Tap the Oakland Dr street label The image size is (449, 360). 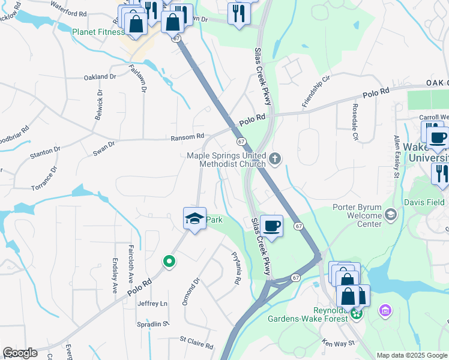pyautogui.click(x=100, y=77)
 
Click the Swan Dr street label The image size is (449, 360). pyautogui.click(x=103, y=149)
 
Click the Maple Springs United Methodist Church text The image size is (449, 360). pyautogui.click(x=226, y=159)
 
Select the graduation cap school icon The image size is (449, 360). pyautogui.click(x=194, y=219)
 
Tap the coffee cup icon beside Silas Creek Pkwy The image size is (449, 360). pyautogui.click(x=271, y=226)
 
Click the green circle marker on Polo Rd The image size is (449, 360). pyautogui.click(x=169, y=261)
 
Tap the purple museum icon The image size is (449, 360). pyautogui.click(x=385, y=311)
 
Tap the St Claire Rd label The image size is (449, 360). pyautogui.click(x=197, y=346)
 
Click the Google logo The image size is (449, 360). pyautogui.click(x=20, y=353)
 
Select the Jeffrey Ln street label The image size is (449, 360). pyautogui.click(x=153, y=304)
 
